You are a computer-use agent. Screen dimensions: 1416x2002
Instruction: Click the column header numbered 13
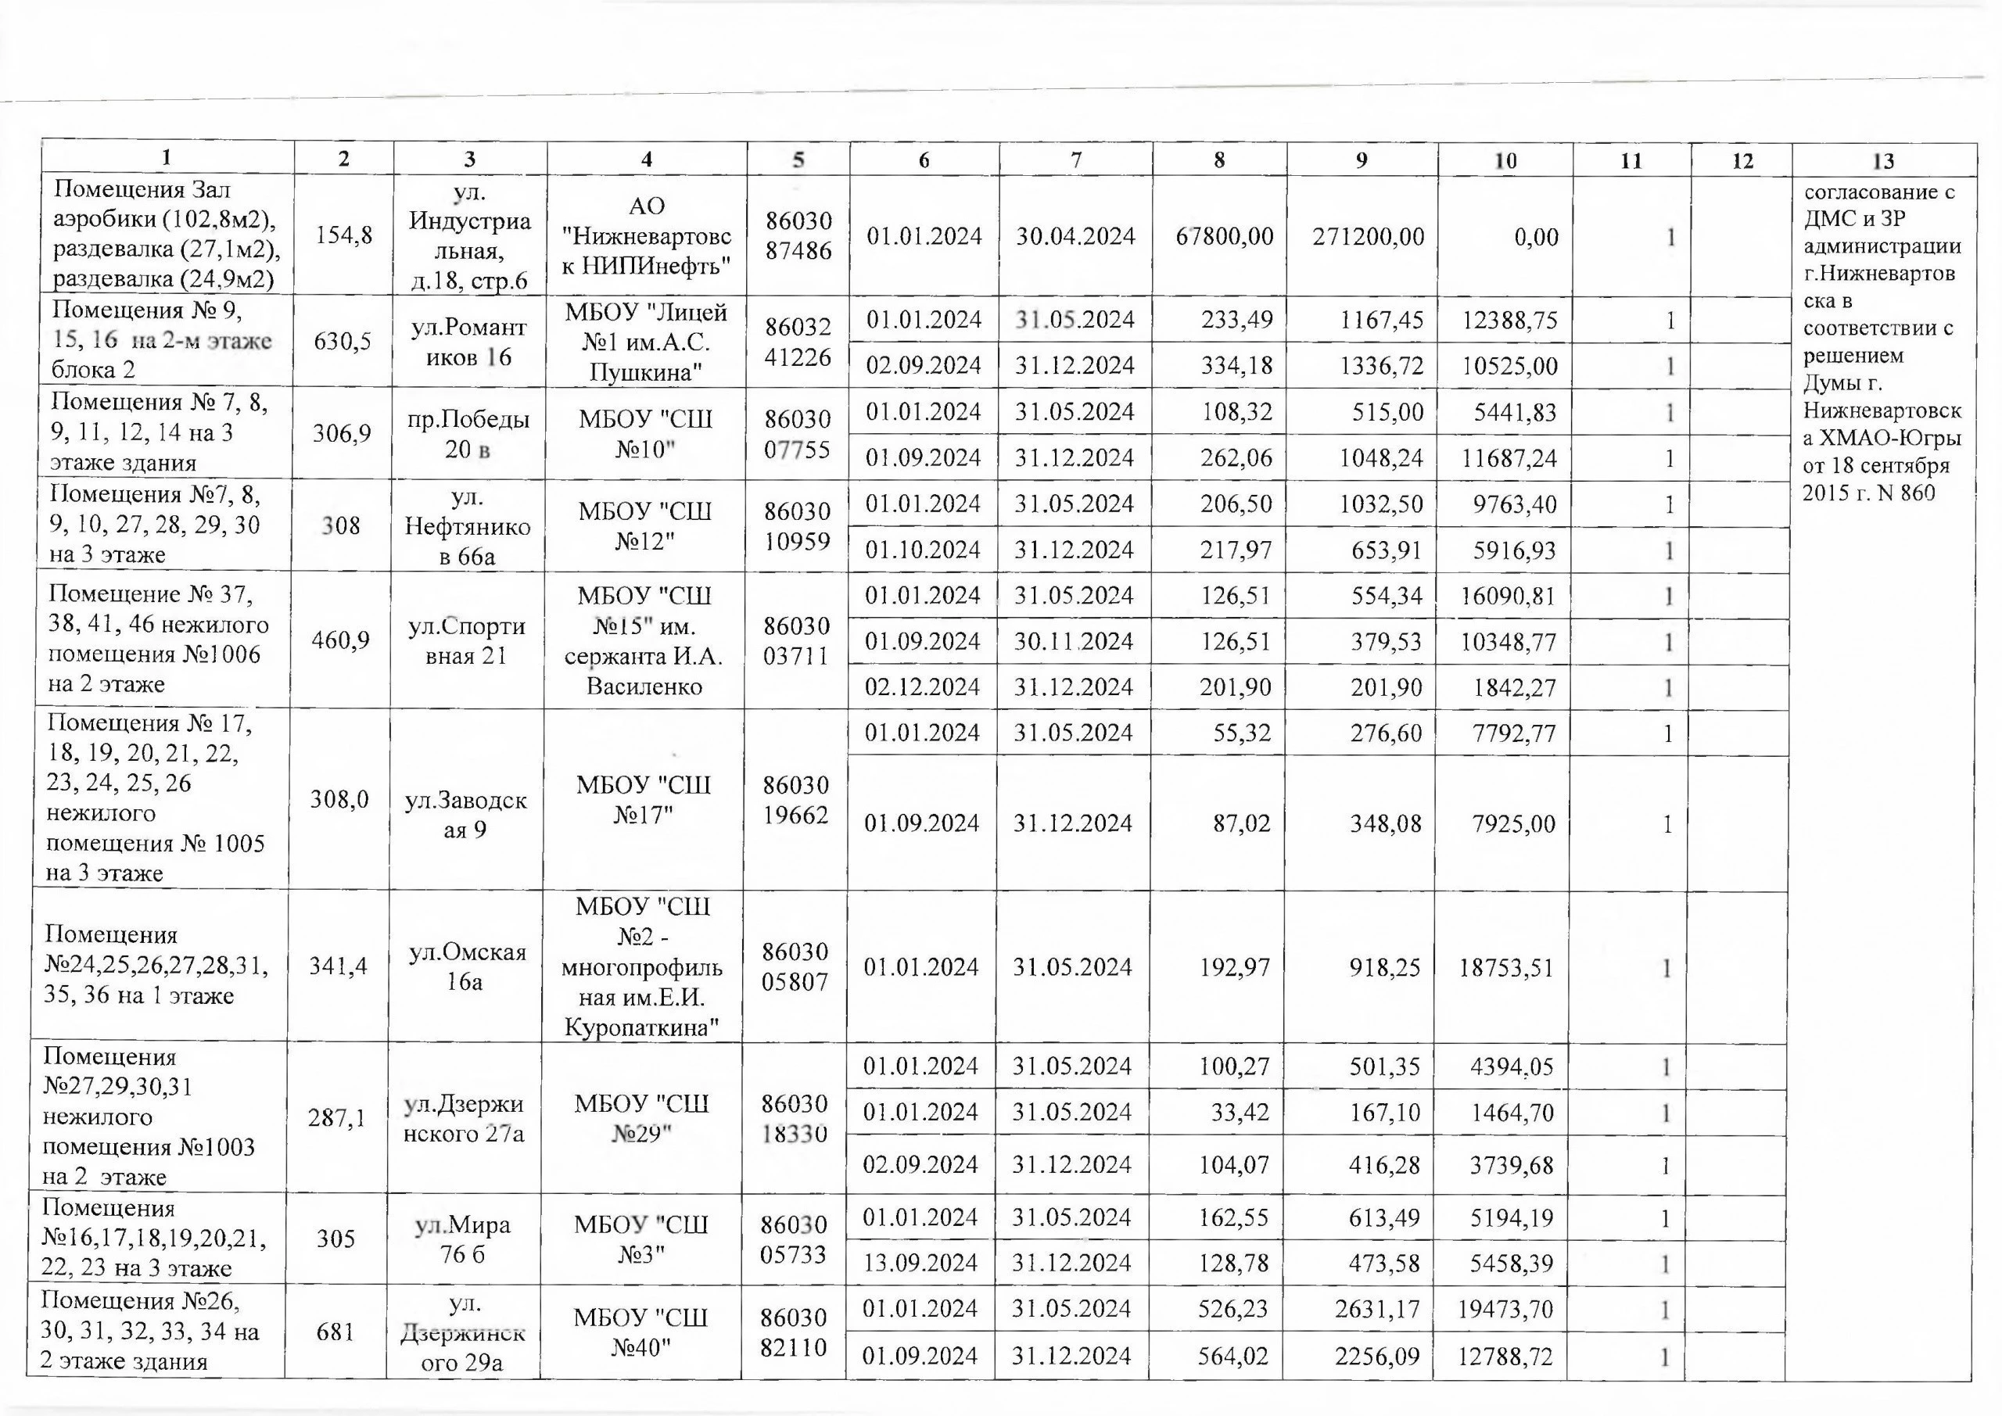[1883, 161]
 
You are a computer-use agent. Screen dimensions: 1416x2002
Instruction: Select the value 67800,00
[1224, 236]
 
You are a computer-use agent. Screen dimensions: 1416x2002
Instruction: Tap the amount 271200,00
[1368, 236]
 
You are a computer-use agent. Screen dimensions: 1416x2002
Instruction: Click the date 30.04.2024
[1075, 236]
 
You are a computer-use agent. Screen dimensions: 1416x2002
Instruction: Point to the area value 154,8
[343, 235]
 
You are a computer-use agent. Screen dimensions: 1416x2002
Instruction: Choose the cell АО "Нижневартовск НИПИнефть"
[646, 235]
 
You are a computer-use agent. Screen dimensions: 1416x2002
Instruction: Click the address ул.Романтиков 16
[469, 342]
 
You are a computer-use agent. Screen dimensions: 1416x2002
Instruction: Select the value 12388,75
[1509, 320]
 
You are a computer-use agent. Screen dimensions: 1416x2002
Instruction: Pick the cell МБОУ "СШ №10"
[645, 433]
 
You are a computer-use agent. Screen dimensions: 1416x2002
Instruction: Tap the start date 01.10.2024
[923, 550]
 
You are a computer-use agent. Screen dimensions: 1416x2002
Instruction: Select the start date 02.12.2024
[922, 687]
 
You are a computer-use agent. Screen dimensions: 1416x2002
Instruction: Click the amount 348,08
[1386, 823]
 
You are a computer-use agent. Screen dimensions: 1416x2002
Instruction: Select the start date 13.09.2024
[920, 1263]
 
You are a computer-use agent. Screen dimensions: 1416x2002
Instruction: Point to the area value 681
[335, 1332]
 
